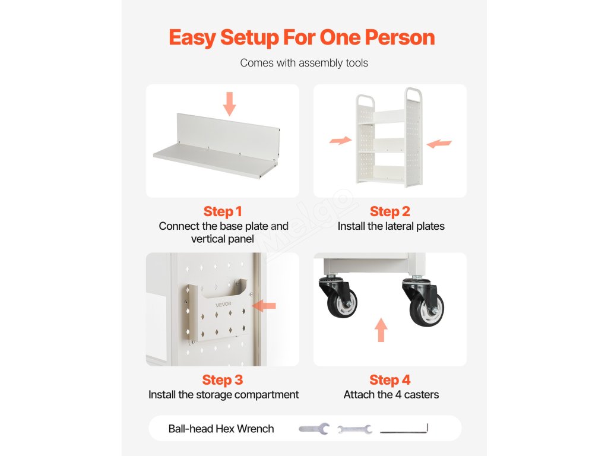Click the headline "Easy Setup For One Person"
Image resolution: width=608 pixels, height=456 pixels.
pyautogui.click(x=302, y=37)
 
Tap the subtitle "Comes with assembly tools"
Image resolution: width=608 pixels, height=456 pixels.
pyautogui.click(x=304, y=63)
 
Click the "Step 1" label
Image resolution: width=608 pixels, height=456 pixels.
pyautogui.click(x=223, y=211)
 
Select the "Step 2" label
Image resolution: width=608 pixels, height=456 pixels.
pyautogui.click(x=389, y=211)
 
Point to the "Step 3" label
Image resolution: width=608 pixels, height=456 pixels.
pyautogui.click(x=223, y=380)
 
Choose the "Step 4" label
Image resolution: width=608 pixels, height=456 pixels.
pyautogui.click(x=389, y=380)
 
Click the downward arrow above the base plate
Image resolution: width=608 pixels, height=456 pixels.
pyautogui.click(x=230, y=103)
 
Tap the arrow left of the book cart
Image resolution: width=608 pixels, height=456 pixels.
pyautogui.click(x=340, y=140)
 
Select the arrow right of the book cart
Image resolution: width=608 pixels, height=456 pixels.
pyautogui.click(x=439, y=144)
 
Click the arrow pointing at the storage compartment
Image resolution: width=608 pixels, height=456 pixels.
pyautogui.click(x=264, y=306)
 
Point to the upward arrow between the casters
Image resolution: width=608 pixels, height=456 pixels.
pyautogui.click(x=381, y=330)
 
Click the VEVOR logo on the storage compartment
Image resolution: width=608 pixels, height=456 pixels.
pyautogui.click(x=223, y=305)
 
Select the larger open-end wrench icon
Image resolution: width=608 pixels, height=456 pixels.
pyautogui.click(x=314, y=429)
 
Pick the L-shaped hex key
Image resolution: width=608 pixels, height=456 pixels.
pyautogui.click(x=404, y=429)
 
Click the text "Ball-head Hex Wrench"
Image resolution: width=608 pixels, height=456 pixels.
pyautogui.click(x=221, y=429)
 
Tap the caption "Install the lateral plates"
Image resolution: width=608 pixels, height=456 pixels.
pyautogui.click(x=391, y=226)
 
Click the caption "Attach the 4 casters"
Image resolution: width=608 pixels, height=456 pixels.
pyautogui.click(x=391, y=395)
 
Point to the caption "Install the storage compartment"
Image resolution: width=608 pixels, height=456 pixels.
pyautogui.click(x=223, y=395)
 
